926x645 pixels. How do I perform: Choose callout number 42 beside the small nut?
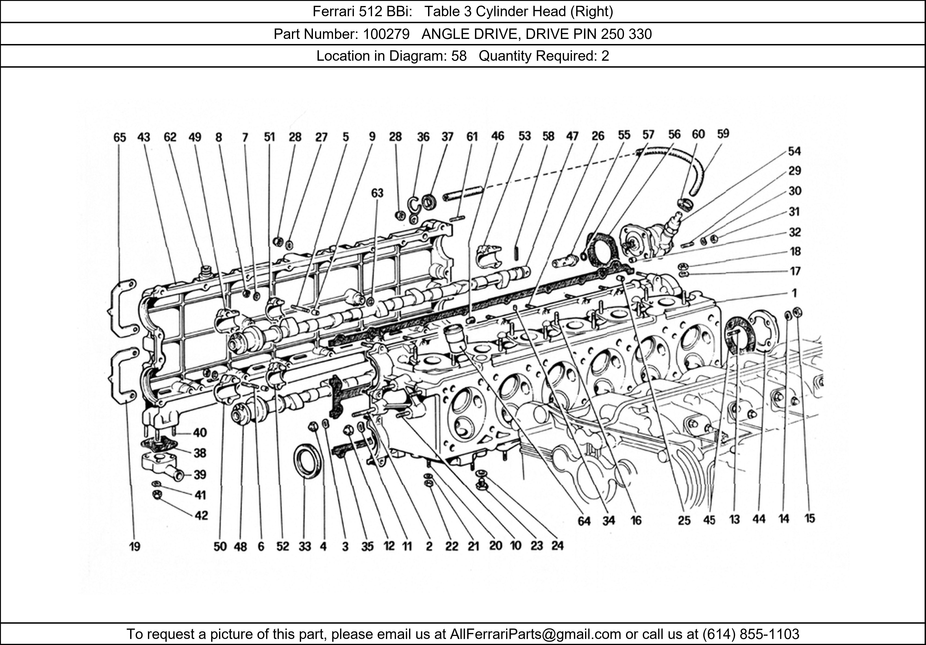coord(201,515)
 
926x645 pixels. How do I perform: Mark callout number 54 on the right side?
coord(794,151)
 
